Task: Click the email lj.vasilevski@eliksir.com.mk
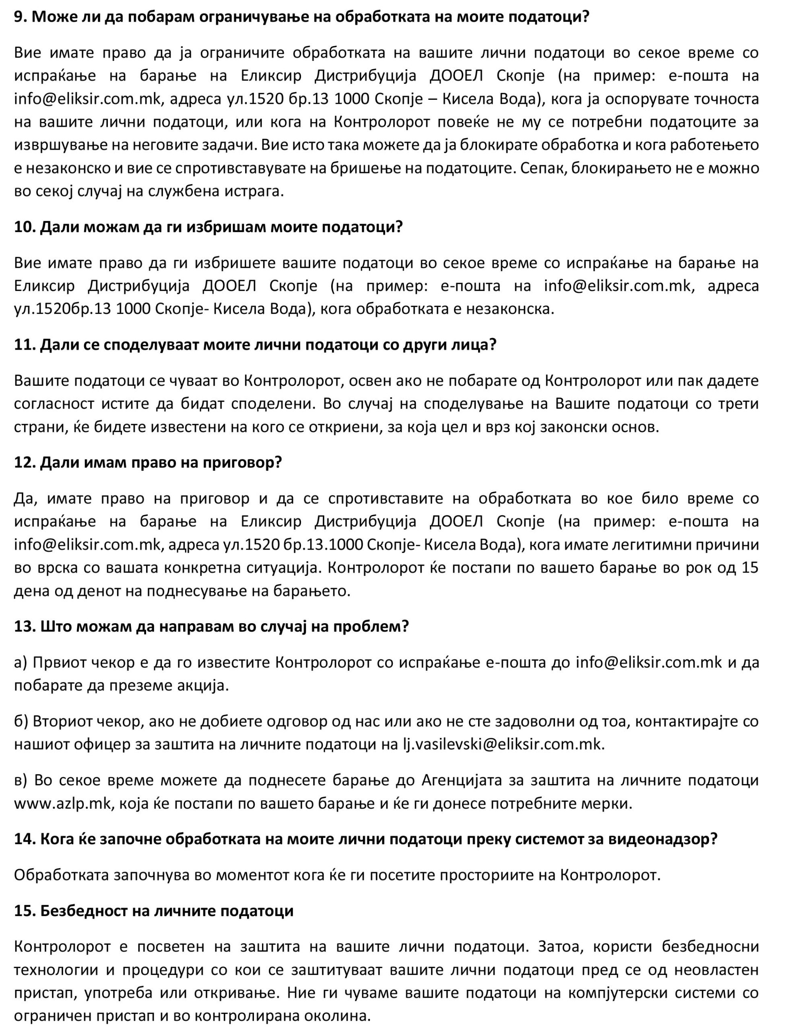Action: tap(503, 744)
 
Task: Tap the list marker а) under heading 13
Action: tap(21, 663)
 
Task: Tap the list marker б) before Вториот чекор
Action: tap(21, 721)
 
